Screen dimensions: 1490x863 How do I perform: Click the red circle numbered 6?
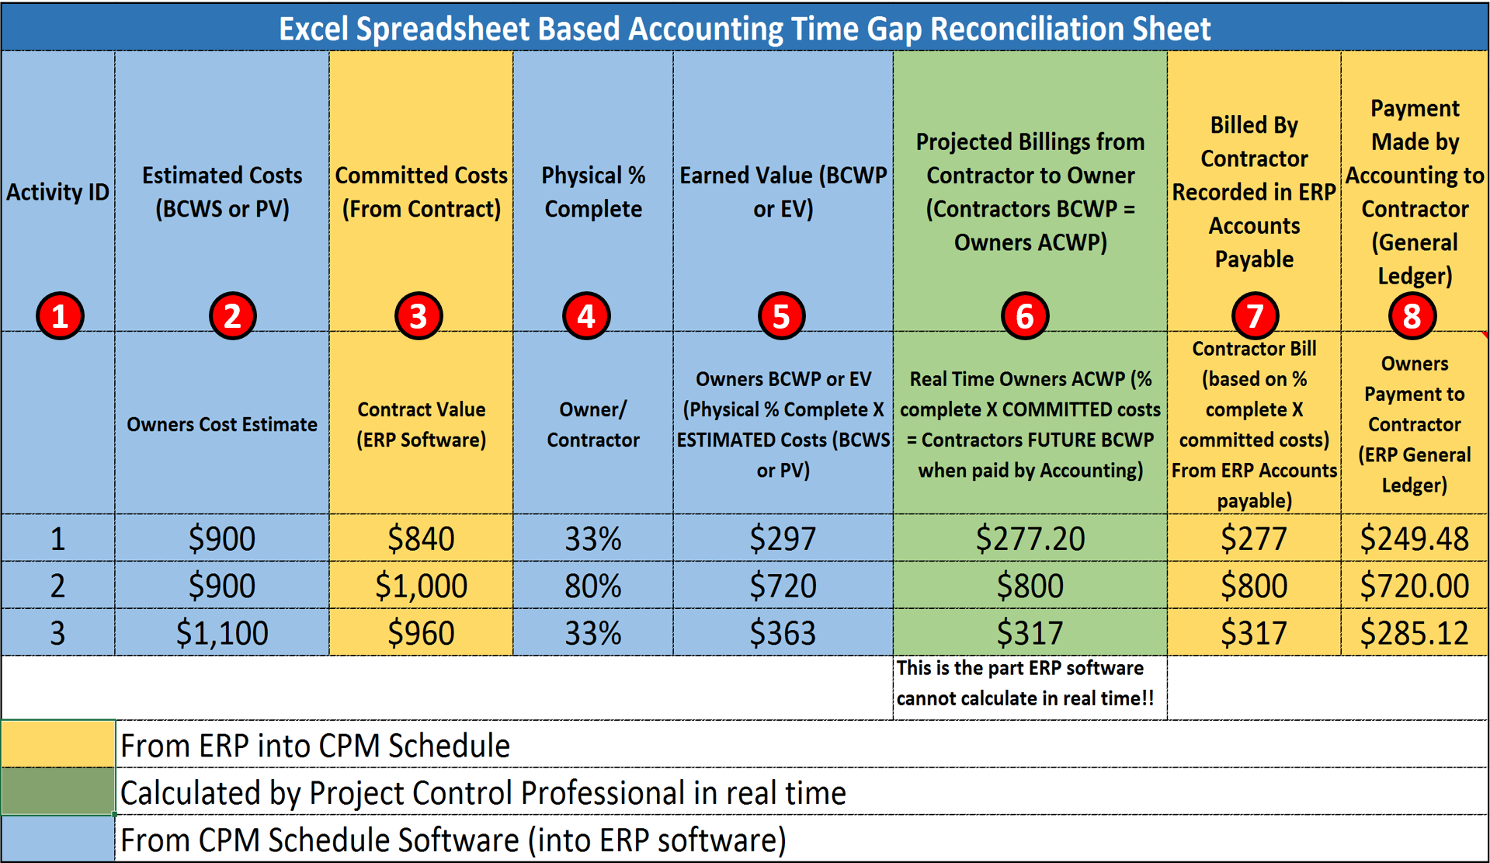click(x=1024, y=316)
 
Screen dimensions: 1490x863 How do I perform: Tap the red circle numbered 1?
click(x=60, y=316)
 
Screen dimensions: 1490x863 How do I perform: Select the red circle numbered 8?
click(x=1412, y=316)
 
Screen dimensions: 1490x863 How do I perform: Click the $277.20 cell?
click(x=1030, y=538)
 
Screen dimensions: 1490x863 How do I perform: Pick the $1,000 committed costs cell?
click(x=421, y=585)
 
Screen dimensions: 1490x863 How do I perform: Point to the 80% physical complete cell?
click(x=593, y=585)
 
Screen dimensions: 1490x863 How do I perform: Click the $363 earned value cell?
click(x=783, y=632)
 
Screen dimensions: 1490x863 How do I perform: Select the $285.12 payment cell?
click(x=1414, y=632)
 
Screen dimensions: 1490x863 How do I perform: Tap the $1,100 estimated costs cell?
click(x=222, y=632)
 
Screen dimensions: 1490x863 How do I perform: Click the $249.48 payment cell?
click(x=1414, y=538)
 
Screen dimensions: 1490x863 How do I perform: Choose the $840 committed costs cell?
click(x=421, y=538)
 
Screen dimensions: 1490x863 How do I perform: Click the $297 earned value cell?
click(x=783, y=538)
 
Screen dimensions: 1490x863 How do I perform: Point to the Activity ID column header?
click(x=58, y=192)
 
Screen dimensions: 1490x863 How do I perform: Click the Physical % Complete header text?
click(x=593, y=192)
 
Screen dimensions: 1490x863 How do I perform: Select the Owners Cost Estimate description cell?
click(x=222, y=423)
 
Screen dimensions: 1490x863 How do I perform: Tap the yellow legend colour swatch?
click(x=58, y=743)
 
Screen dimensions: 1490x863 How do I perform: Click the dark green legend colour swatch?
click(x=58, y=791)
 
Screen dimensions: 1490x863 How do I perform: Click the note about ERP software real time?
click(x=1025, y=683)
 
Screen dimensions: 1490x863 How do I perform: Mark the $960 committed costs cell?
click(x=421, y=632)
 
